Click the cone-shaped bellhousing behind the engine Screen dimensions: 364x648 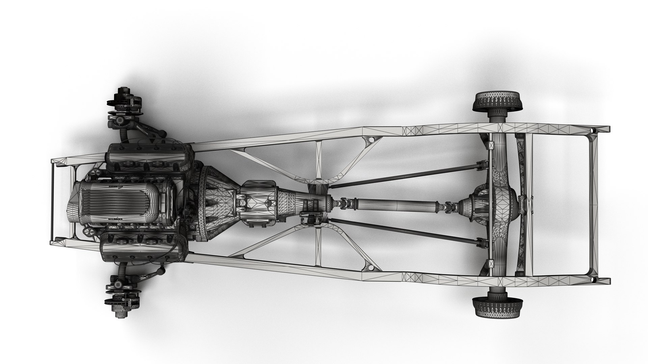pyautogui.click(x=216, y=204)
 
